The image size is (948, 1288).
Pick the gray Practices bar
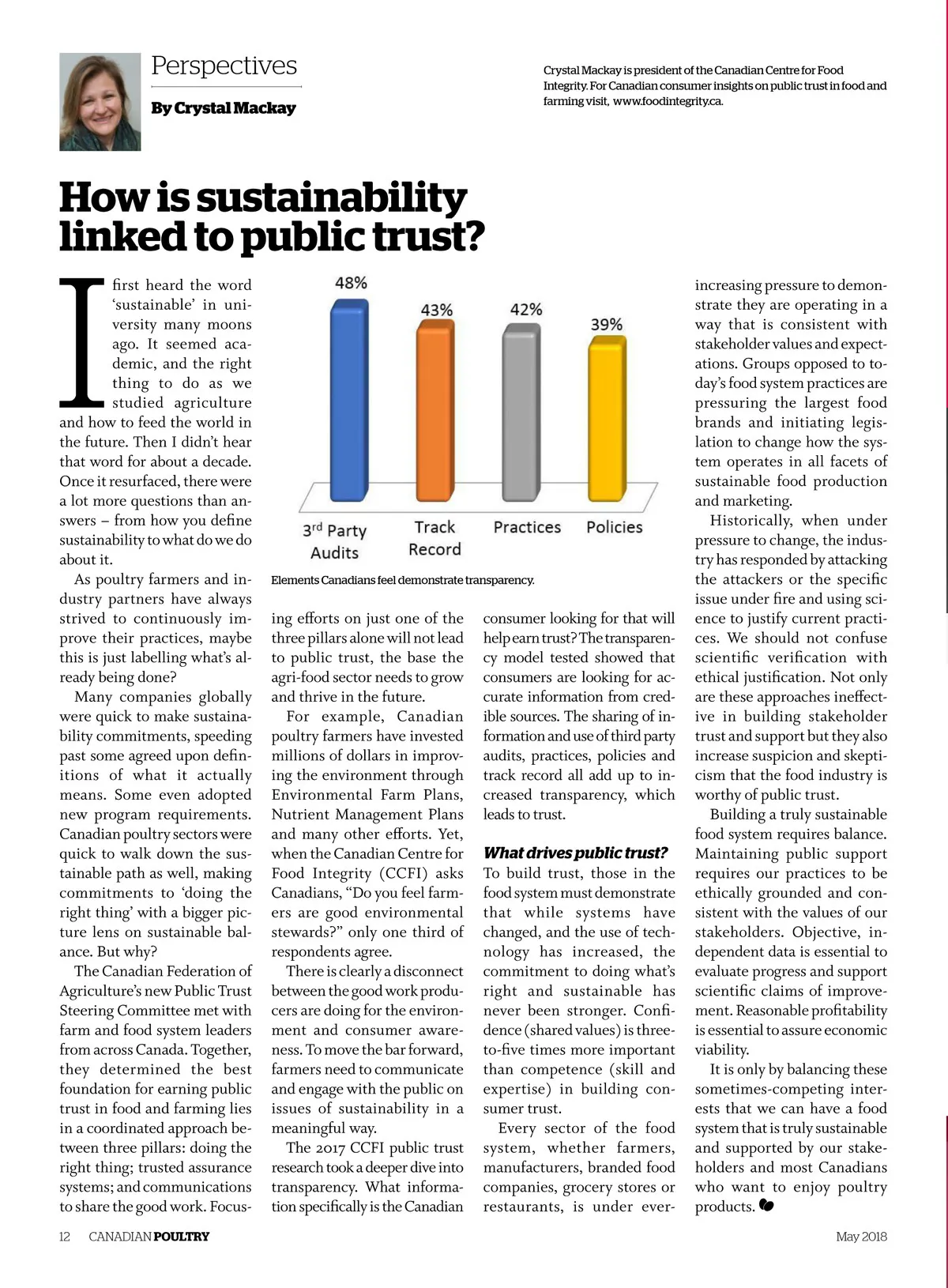[x=521, y=415]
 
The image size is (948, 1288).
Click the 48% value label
[x=351, y=283]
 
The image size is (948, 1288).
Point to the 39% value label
[x=607, y=325]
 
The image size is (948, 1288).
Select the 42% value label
[x=526, y=309]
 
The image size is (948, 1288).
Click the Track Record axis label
[x=434, y=538]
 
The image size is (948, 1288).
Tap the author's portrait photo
[x=100, y=102]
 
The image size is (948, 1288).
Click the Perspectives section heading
[x=224, y=66]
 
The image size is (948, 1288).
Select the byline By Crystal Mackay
[x=224, y=108]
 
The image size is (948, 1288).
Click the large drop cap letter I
[x=83, y=339]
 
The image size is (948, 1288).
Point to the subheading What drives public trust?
[x=575, y=853]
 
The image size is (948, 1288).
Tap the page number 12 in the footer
[x=65, y=1236]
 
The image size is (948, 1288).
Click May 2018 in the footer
[x=861, y=1236]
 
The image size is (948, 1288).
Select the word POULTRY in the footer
[x=182, y=1236]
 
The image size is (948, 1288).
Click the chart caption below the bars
[x=403, y=580]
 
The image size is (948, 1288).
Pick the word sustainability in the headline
[x=332, y=198]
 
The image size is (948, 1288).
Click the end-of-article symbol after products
[x=766, y=1206]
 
